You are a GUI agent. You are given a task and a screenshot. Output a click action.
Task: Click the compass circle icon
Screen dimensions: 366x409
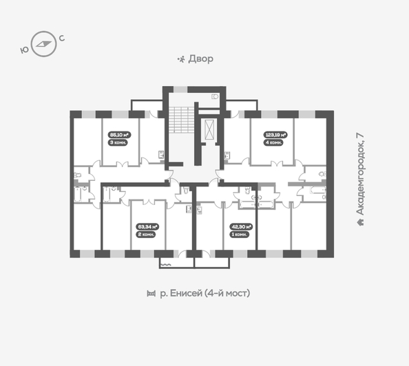tap(45, 43)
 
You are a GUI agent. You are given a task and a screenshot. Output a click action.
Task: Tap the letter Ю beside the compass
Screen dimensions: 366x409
tap(25, 50)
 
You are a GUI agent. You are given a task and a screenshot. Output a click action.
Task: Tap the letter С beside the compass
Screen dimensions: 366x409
tap(63, 38)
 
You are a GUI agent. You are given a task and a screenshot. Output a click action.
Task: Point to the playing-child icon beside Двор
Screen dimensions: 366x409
tap(181, 59)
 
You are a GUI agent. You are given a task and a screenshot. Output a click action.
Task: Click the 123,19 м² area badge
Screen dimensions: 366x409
tap(275, 136)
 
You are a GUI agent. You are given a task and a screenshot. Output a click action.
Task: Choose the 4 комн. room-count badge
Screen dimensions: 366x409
tap(275, 143)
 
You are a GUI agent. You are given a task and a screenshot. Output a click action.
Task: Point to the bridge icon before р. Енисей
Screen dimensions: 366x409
tap(151, 294)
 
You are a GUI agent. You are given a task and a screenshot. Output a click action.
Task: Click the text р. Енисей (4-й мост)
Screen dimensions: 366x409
tap(204, 294)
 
